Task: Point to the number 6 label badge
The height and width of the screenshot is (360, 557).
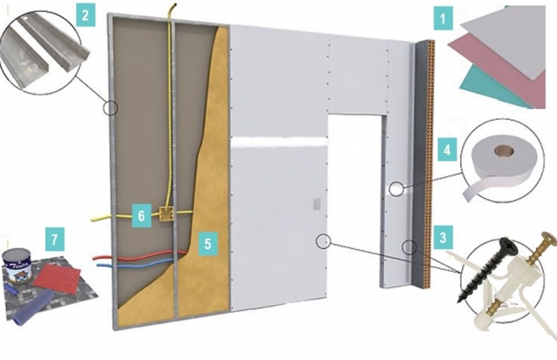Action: coord(141,216)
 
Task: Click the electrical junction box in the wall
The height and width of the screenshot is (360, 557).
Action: coord(166,214)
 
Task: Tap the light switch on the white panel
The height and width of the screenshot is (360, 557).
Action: coord(316,204)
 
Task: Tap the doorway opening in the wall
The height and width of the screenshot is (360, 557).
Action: coord(354,202)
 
